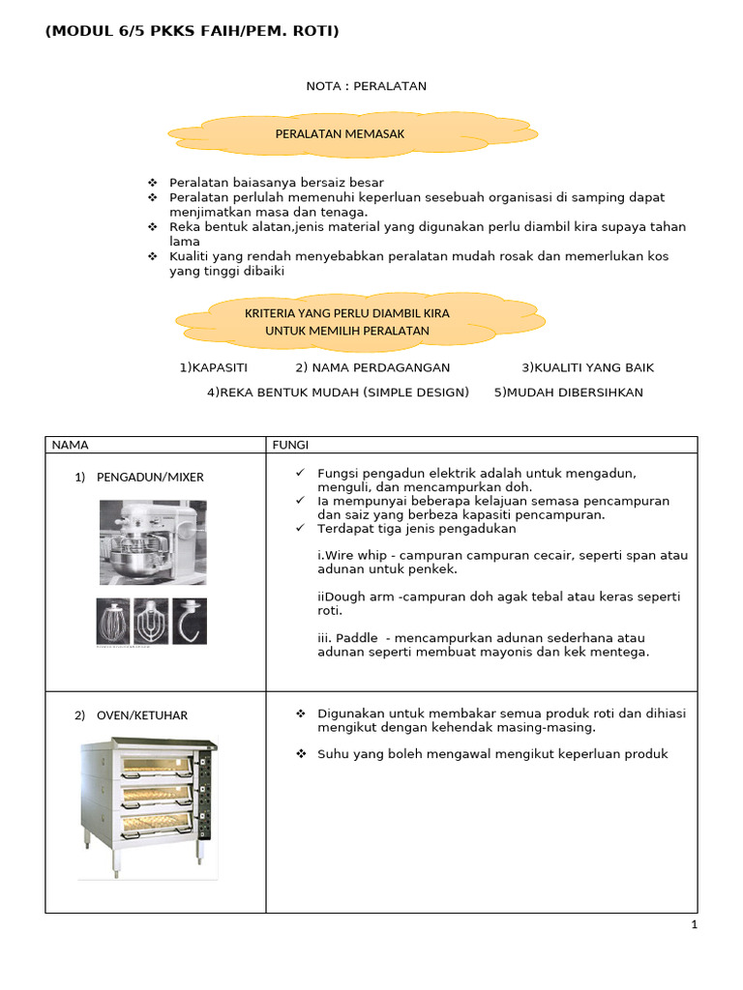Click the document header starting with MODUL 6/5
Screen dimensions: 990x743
[x=192, y=32]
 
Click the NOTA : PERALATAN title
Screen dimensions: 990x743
[x=366, y=86]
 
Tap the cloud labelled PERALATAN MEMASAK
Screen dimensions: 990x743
[x=340, y=134]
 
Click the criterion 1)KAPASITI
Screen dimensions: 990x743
[x=214, y=367]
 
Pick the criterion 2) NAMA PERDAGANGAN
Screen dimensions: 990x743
[x=372, y=367]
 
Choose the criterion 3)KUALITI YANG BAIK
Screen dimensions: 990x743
[x=587, y=367]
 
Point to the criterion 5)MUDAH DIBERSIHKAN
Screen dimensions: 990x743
[x=568, y=392]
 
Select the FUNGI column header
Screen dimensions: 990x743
[x=290, y=445]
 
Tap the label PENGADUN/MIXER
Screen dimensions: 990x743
[x=150, y=478]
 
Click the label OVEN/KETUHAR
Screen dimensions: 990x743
[x=142, y=715]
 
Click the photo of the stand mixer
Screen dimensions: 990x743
[x=152, y=541]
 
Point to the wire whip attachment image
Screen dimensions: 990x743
[x=112, y=621]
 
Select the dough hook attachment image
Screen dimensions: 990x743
[x=189, y=621]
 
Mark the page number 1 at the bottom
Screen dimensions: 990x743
[x=694, y=924]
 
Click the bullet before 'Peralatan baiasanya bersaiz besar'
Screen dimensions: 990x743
[x=152, y=183]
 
